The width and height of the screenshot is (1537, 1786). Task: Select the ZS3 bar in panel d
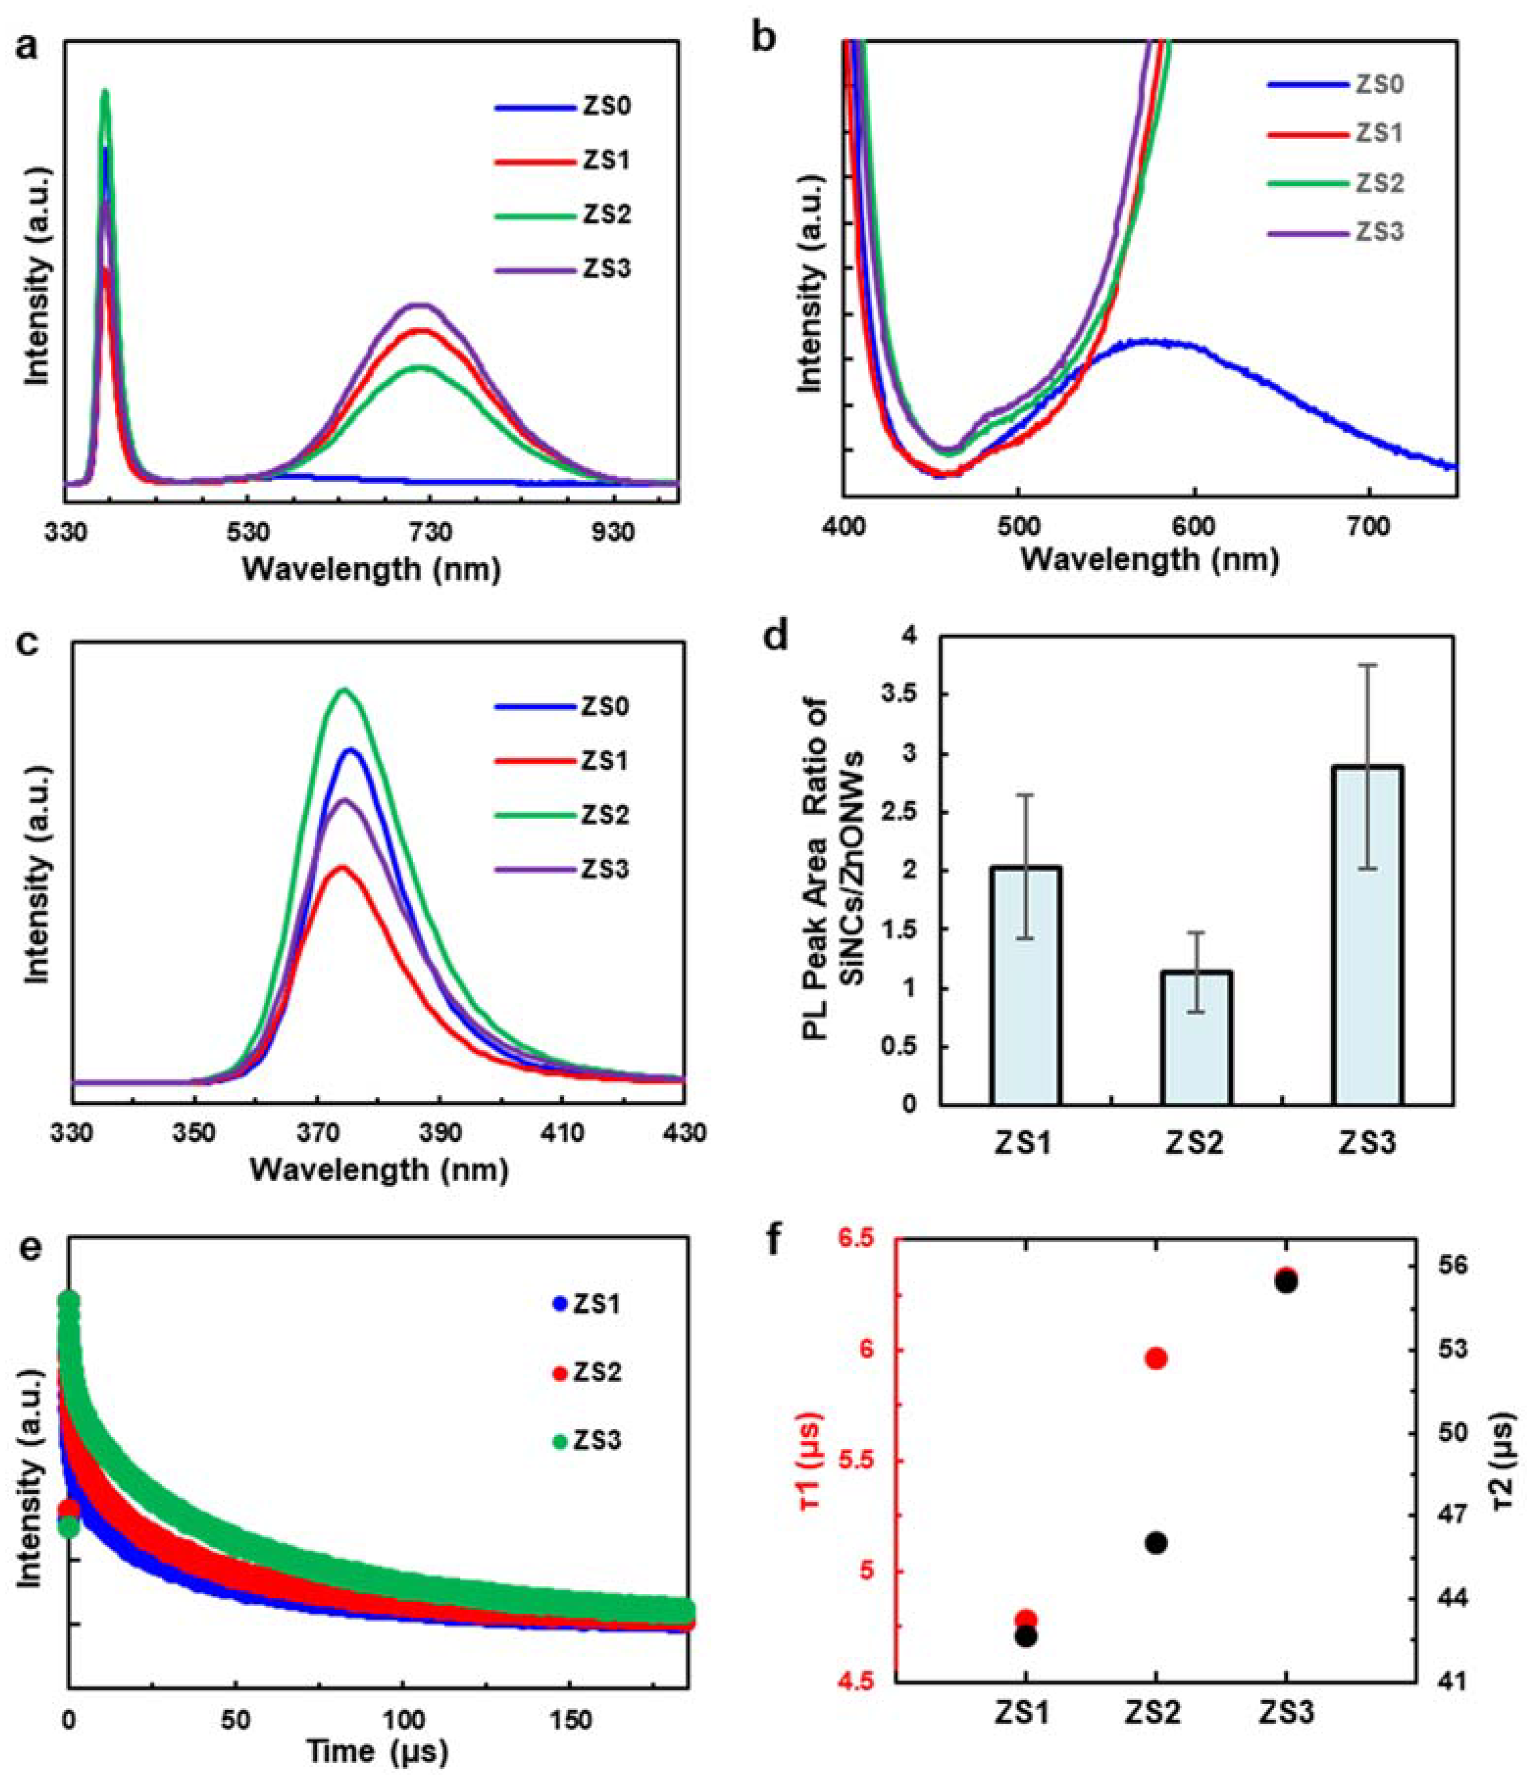click(1367, 935)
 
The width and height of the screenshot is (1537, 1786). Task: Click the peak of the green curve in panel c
click(345, 690)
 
